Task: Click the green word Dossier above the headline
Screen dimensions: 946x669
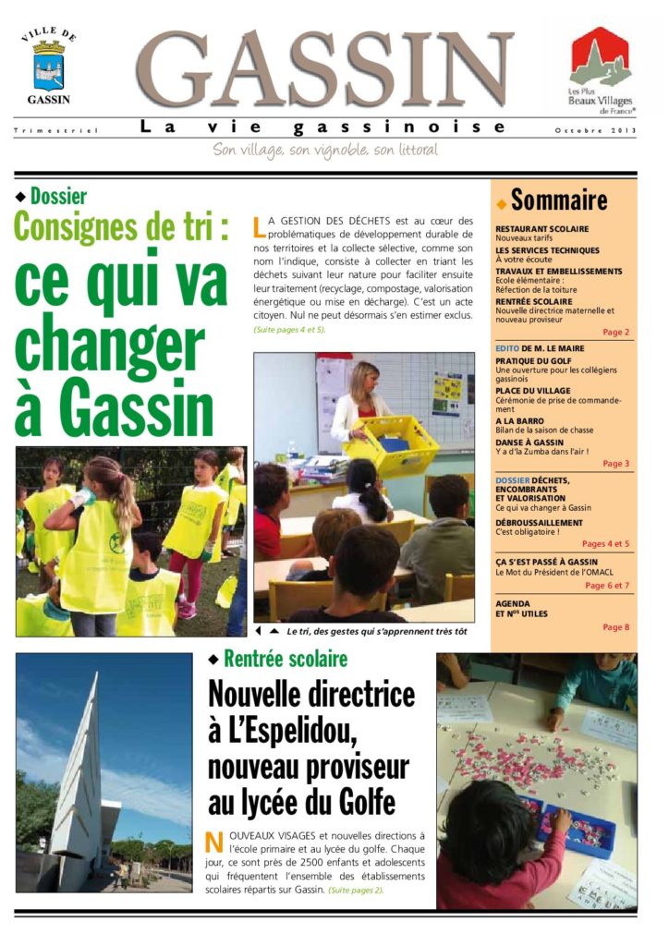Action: point(58,196)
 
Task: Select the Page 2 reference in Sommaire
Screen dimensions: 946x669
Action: point(615,332)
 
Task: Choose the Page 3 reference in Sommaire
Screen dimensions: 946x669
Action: point(615,464)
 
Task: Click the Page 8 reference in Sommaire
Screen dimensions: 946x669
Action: point(615,627)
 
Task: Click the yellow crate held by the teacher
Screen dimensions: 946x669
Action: point(392,444)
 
